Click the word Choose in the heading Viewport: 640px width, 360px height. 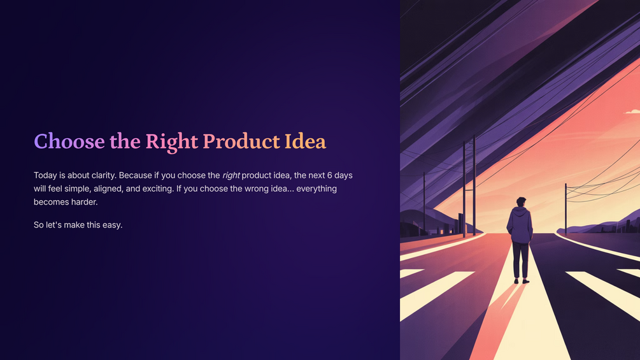(69, 141)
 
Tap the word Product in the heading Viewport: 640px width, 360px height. (241, 141)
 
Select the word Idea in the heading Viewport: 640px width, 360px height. (305, 141)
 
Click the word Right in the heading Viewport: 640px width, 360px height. (172, 142)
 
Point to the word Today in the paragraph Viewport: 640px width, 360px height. (45, 175)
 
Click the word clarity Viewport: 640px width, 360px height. (103, 175)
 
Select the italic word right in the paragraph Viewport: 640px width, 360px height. (231, 176)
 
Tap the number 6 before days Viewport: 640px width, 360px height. (329, 175)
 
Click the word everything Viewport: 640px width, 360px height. (316, 189)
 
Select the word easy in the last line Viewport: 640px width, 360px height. (113, 226)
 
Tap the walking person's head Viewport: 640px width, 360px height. (521, 202)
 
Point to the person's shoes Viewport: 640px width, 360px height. (521, 281)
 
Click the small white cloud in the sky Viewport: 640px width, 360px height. (632, 111)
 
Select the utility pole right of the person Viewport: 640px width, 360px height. (565, 209)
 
